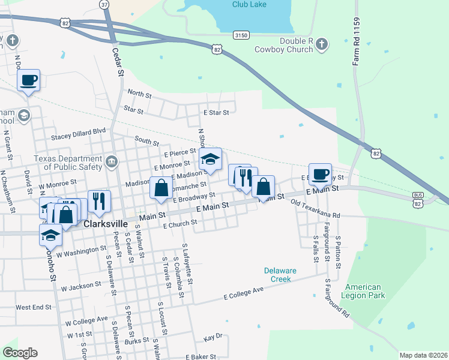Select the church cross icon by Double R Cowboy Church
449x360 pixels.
[322, 44]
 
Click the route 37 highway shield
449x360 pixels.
[105, 4]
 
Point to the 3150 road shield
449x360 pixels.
[241, 35]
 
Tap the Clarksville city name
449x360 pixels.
[105, 223]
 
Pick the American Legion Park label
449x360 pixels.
[363, 291]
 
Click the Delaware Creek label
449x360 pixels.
[278, 275]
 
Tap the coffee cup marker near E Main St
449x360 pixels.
[320, 174]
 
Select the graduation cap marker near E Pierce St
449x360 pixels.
[210, 159]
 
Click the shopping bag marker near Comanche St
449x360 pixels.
[161, 188]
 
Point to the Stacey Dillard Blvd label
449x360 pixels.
[78, 137]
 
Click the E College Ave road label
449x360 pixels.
[244, 293]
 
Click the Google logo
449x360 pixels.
[20, 353]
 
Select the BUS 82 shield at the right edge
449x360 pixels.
[418, 199]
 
